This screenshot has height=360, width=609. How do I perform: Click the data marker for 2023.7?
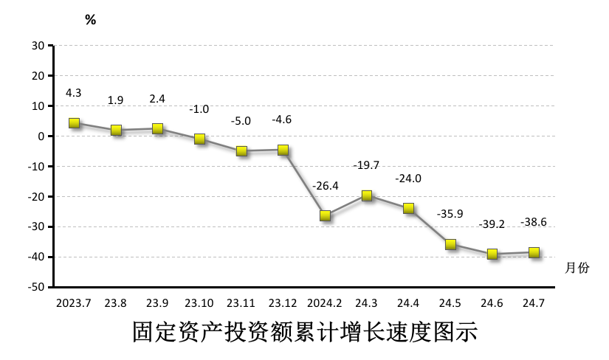click(x=74, y=123)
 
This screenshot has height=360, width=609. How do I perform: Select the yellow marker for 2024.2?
click(x=325, y=215)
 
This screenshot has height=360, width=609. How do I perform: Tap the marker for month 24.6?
click(x=492, y=254)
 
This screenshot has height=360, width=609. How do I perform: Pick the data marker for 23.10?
click(x=199, y=139)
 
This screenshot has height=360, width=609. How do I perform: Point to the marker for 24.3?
click(x=367, y=195)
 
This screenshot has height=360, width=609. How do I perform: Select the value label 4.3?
click(x=74, y=93)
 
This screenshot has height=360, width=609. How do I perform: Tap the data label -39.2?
click(x=492, y=224)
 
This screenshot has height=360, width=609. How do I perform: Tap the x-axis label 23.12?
click(x=283, y=303)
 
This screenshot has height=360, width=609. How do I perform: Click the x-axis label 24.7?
click(x=534, y=303)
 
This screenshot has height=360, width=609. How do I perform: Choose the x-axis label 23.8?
click(x=116, y=303)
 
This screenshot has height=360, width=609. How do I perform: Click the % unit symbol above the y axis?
click(x=90, y=20)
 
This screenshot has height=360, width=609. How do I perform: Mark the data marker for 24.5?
click(x=450, y=244)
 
